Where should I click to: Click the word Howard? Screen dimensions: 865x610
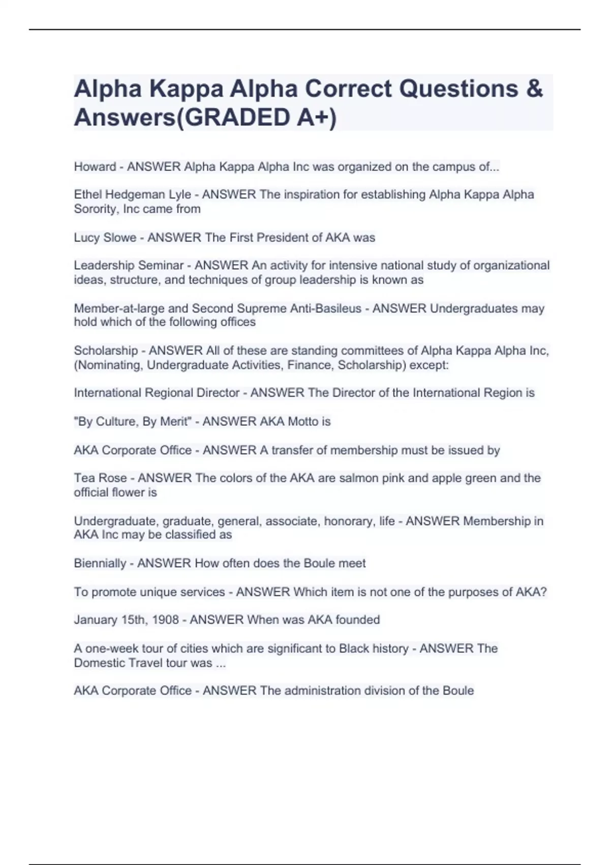[95, 167]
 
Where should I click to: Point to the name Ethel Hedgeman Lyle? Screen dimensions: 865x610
[133, 195]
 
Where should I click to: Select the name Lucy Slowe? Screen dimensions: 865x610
[105, 238]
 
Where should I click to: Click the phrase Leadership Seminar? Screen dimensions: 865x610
[129, 266]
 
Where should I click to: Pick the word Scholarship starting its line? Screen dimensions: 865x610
[106, 351]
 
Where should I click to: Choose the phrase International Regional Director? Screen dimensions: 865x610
[157, 393]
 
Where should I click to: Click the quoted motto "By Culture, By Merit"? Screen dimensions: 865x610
[133, 422]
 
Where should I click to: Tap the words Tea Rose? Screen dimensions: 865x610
[100, 478]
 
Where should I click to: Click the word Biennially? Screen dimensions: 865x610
[100, 563]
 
